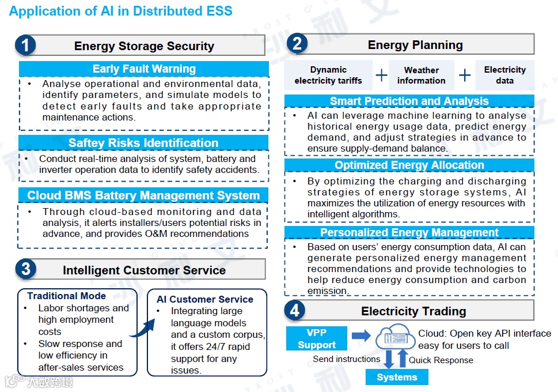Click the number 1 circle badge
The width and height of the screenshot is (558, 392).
click(x=25, y=46)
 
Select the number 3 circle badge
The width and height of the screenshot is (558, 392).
click(x=25, y=269)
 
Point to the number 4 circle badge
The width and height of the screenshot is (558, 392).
click(x=295, y=311)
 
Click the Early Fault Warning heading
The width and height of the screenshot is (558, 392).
click(x=144, y=69)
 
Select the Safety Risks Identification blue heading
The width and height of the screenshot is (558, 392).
click(x=144, y=143)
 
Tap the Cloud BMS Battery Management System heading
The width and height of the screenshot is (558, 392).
click(x=144, y=195)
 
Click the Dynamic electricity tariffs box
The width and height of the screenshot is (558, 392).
click(x=328, y=75)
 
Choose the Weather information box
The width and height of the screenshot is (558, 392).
click(x=421, y=75)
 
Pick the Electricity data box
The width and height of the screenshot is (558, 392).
click(x=504, y=75)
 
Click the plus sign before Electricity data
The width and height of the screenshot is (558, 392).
click(x=465, y=76)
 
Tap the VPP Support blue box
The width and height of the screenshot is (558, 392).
click(x=317, y=339)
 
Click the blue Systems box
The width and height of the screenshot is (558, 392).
click(x=397, y=377)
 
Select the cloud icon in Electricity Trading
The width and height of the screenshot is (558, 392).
click(x=396, y=337)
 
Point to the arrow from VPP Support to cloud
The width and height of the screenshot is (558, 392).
click(x=361, y=336)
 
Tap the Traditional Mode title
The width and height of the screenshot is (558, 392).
click(x=67, y=296)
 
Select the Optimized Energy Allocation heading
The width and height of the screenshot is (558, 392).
click(x=409, y=165)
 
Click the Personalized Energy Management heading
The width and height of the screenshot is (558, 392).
click(x=409, y=233)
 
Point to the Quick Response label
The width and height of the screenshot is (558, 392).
click(x=441, y=360)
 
